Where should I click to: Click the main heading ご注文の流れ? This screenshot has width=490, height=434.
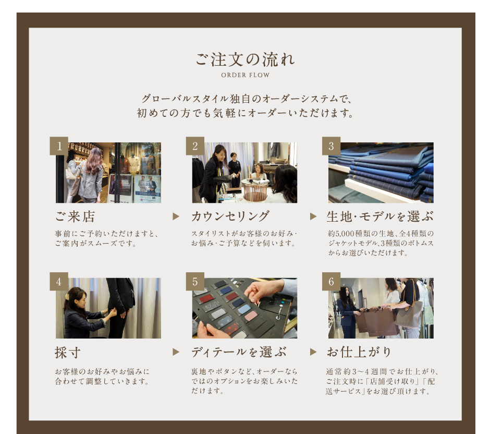[245, 59]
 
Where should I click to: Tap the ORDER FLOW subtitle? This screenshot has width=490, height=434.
[246, 75]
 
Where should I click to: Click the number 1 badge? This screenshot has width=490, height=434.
[59, 146]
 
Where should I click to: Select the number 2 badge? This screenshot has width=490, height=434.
[195, 146]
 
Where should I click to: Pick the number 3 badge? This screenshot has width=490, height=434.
[331, 146]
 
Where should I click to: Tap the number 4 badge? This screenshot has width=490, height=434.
[59, 281]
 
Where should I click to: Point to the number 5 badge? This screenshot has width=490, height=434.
[195, 281]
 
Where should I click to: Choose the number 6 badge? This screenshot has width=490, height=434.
[331, 281]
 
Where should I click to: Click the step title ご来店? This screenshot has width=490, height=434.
[75, 216]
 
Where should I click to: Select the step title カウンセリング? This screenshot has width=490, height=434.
[230, 216]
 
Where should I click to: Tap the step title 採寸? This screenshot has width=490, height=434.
[68, 353]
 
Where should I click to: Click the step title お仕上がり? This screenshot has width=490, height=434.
[359, 352]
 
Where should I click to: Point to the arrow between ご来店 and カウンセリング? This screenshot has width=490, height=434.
[176, 216]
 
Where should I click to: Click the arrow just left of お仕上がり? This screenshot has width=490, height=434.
[313, 352]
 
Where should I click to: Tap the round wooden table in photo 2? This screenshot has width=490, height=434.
[255, 189]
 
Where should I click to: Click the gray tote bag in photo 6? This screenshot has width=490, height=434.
[409, 316]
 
